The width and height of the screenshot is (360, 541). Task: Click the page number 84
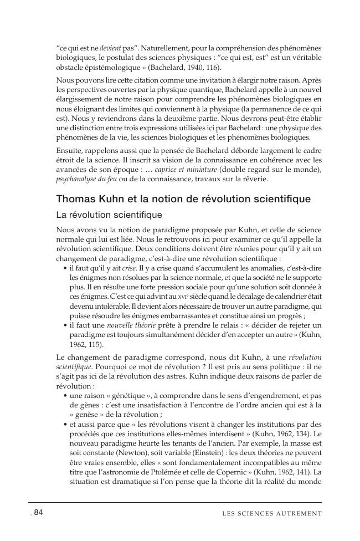click(39, 513)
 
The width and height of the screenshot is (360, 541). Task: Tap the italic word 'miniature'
click(200, 169)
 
